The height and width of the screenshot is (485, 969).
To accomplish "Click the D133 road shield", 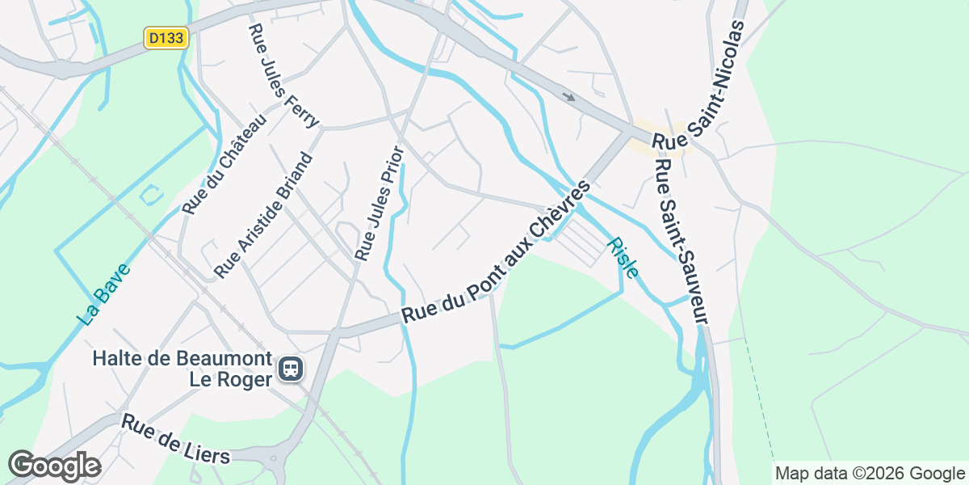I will click(166, 38).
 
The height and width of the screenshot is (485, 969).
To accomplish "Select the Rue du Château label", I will click(224, 165).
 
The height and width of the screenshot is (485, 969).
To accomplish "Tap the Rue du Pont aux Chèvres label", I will click(497, 252).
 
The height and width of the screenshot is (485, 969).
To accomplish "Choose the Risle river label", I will click(623, 257).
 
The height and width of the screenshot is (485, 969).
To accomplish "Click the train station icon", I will click(291, 369).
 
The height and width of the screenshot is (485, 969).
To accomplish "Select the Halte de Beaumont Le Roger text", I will click(182, 368).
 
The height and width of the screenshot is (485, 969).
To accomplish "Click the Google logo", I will click(54, 466).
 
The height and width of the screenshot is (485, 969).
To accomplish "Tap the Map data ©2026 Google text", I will click(870, 474).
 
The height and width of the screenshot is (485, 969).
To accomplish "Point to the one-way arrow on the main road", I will click(569, 97).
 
